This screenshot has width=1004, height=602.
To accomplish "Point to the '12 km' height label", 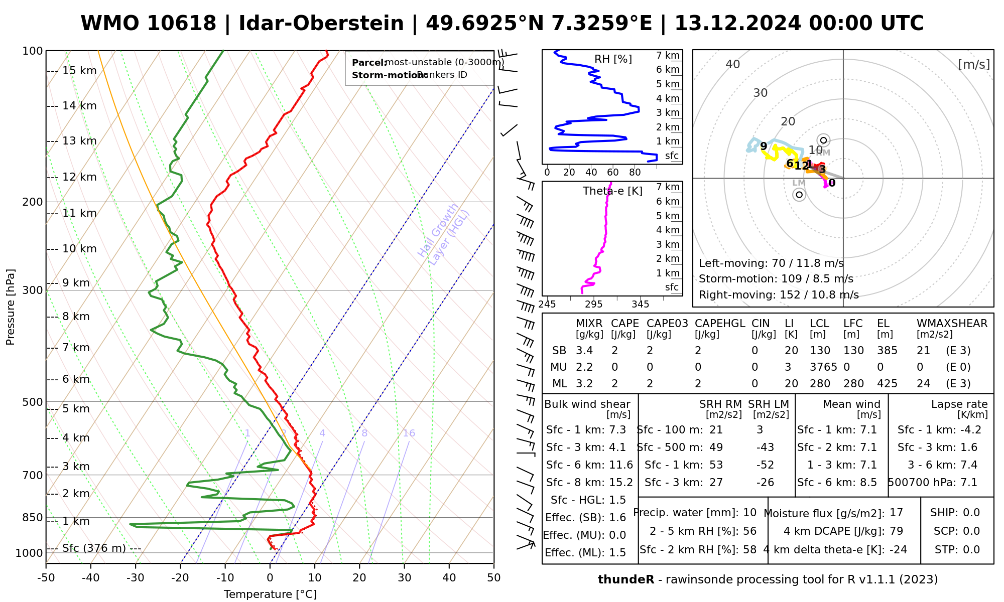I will pyautogui.click(x=79, y=177).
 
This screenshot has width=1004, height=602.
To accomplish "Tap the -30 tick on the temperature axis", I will pyautogui.click(x=136, y=578).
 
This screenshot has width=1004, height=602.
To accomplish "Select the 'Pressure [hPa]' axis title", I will pyautogui.click(x=11, y=307).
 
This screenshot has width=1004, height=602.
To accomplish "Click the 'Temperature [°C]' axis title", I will pyautogui.click(x=270, y=594).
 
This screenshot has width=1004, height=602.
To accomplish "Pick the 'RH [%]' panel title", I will pyautogui.click(x=613, y=59).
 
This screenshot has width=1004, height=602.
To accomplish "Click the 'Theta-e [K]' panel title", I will pyautogui.click(x=612, y=191).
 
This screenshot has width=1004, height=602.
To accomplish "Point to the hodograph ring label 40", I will pyautogui.click(x=733, y=64).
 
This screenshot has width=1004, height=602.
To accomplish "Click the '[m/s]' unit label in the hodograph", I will pyautogui.click(x=973, y=65).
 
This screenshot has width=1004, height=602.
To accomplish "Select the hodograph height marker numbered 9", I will pyautogui.click(x=764, y=146).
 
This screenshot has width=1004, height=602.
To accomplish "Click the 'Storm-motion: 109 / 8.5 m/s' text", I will pyautogui.click(x=776, y=279).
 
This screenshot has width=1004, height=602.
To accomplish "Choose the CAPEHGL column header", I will pyautogui.click(x=719, y=324).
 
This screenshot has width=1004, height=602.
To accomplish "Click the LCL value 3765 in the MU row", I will pyautogui.click(x=823, y=367).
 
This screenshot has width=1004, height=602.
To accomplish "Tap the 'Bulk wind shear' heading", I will pyautogui.click(x=587, y=404).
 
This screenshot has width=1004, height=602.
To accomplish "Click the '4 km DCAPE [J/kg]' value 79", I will pyautogui.click(x=896, y=531).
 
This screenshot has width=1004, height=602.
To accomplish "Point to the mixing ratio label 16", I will pyautogui.click(x=409, y=433).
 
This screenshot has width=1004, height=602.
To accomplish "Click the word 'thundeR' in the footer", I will pyautogui.click(x=625, y=580).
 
